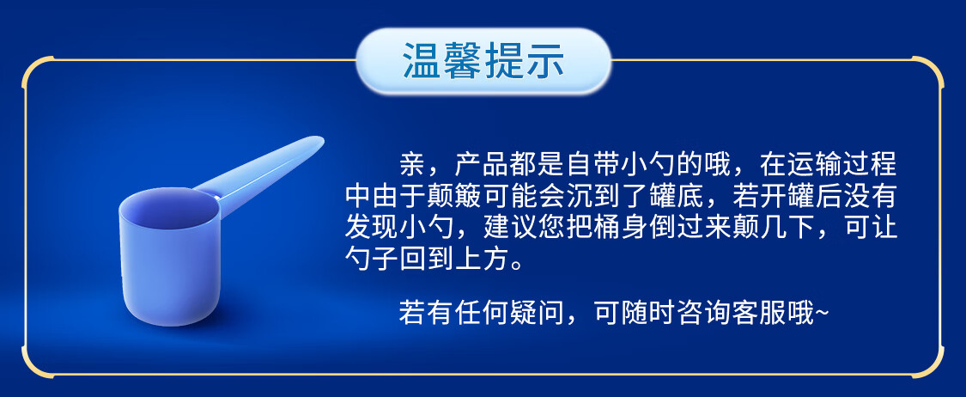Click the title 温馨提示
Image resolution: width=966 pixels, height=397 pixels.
click(x=483, y=60)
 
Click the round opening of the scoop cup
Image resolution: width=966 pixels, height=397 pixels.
click(x=169, y=209)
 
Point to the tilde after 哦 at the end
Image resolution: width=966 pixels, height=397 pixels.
click(x=822, y=314)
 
